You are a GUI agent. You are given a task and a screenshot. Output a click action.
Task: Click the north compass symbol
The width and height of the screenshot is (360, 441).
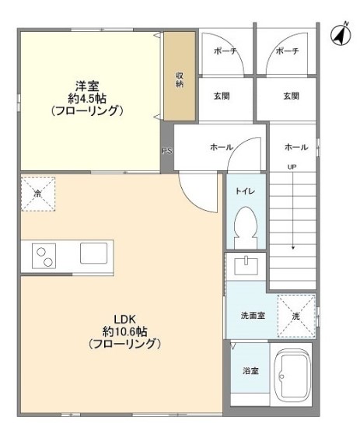click(x=341, y=34)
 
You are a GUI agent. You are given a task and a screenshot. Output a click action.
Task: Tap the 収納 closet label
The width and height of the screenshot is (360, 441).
click(x=180, y=79)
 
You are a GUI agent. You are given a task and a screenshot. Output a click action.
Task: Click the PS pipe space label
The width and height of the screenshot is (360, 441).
click(x=167, y=151)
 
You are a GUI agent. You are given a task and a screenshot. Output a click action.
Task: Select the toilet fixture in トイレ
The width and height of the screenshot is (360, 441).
click(x=246, y=226)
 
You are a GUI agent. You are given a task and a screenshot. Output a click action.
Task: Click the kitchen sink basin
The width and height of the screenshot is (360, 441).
click(x=93, y=253)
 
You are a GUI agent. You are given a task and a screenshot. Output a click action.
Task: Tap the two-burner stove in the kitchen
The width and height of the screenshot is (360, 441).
click(x=44, y=256)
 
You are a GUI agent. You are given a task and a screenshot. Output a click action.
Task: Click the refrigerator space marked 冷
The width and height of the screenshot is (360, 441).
click(x=38, y=194)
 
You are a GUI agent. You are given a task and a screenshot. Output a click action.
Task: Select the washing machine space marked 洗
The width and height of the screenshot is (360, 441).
click(x=296, y=316)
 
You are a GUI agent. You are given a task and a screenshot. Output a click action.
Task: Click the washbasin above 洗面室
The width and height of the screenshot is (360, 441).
click(x=246, y=265)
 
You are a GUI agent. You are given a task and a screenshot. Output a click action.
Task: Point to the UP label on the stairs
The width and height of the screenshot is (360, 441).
click(x=292, y=167)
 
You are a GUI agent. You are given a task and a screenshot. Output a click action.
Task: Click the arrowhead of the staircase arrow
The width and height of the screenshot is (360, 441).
click(x=293, y=248)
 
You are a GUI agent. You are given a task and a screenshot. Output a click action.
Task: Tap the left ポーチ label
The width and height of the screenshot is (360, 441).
click(x=225, y=51)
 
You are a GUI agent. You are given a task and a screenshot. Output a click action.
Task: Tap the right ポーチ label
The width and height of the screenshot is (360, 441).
click(x=287, y=51)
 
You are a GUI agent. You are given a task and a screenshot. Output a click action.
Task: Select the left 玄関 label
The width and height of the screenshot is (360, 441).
click(x=222, y=96)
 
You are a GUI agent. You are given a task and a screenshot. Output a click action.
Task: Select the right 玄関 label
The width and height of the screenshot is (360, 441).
click(x=291, y=96)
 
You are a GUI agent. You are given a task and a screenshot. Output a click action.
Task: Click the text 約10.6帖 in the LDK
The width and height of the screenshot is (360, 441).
click(x=124, y=332)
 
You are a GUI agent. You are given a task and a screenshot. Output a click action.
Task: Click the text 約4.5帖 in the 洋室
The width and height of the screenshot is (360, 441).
click(x=87, y=99)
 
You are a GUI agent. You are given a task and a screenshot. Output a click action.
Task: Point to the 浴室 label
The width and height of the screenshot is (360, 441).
click(x=250, y=371)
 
